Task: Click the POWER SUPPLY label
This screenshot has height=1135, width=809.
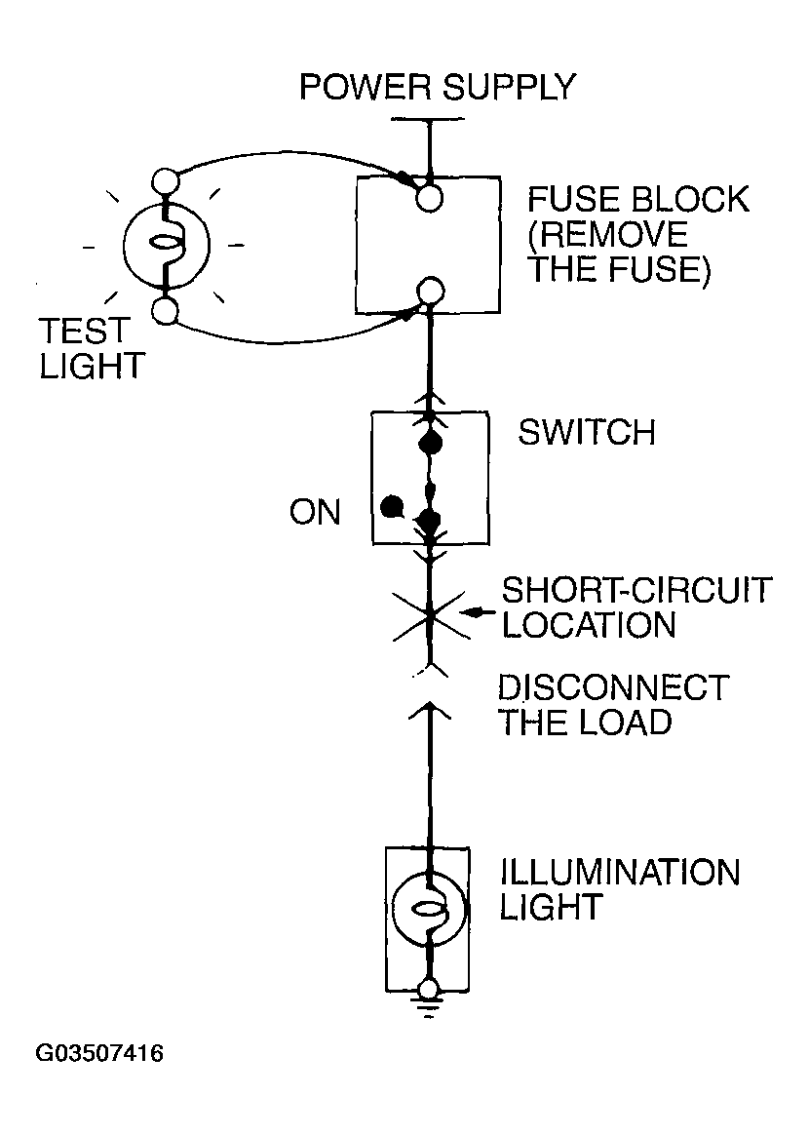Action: [437, 88]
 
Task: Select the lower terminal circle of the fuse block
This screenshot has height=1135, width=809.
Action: [431, 291]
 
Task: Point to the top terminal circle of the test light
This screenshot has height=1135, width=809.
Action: [166, 180]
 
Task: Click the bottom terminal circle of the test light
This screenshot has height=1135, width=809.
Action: [165, 311]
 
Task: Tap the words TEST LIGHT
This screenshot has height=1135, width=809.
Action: [92, 349]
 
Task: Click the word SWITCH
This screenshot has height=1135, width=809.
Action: [587, 432]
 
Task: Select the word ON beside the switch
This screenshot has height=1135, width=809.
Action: [315, 513]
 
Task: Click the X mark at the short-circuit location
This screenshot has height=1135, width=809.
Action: [431, 615]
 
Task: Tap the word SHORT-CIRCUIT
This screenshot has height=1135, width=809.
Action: [636, 591]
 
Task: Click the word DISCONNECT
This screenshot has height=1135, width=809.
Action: [614, 687]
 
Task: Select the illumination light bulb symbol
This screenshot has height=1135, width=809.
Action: [429, 910]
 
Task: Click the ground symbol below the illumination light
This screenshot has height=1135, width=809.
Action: [429, 1007]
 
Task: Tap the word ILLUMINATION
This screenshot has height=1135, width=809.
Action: [620, 873]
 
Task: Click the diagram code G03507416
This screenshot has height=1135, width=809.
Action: [99, 1052]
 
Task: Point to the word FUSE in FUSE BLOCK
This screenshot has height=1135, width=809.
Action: [574, 200]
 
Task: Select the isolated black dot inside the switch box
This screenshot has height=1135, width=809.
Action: [392, 507]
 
